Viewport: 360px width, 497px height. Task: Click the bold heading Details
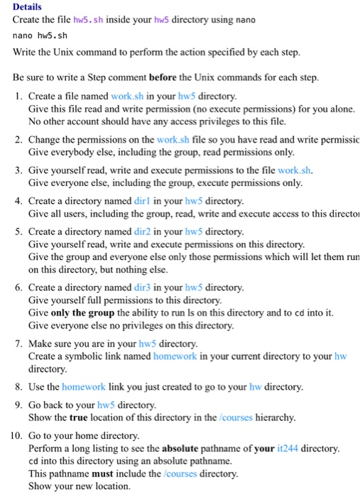pos(27,6)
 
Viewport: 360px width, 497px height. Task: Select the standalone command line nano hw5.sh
pos(40,35)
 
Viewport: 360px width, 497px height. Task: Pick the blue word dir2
pos(145,232)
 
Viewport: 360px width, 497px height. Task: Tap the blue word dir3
pos(145,288)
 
